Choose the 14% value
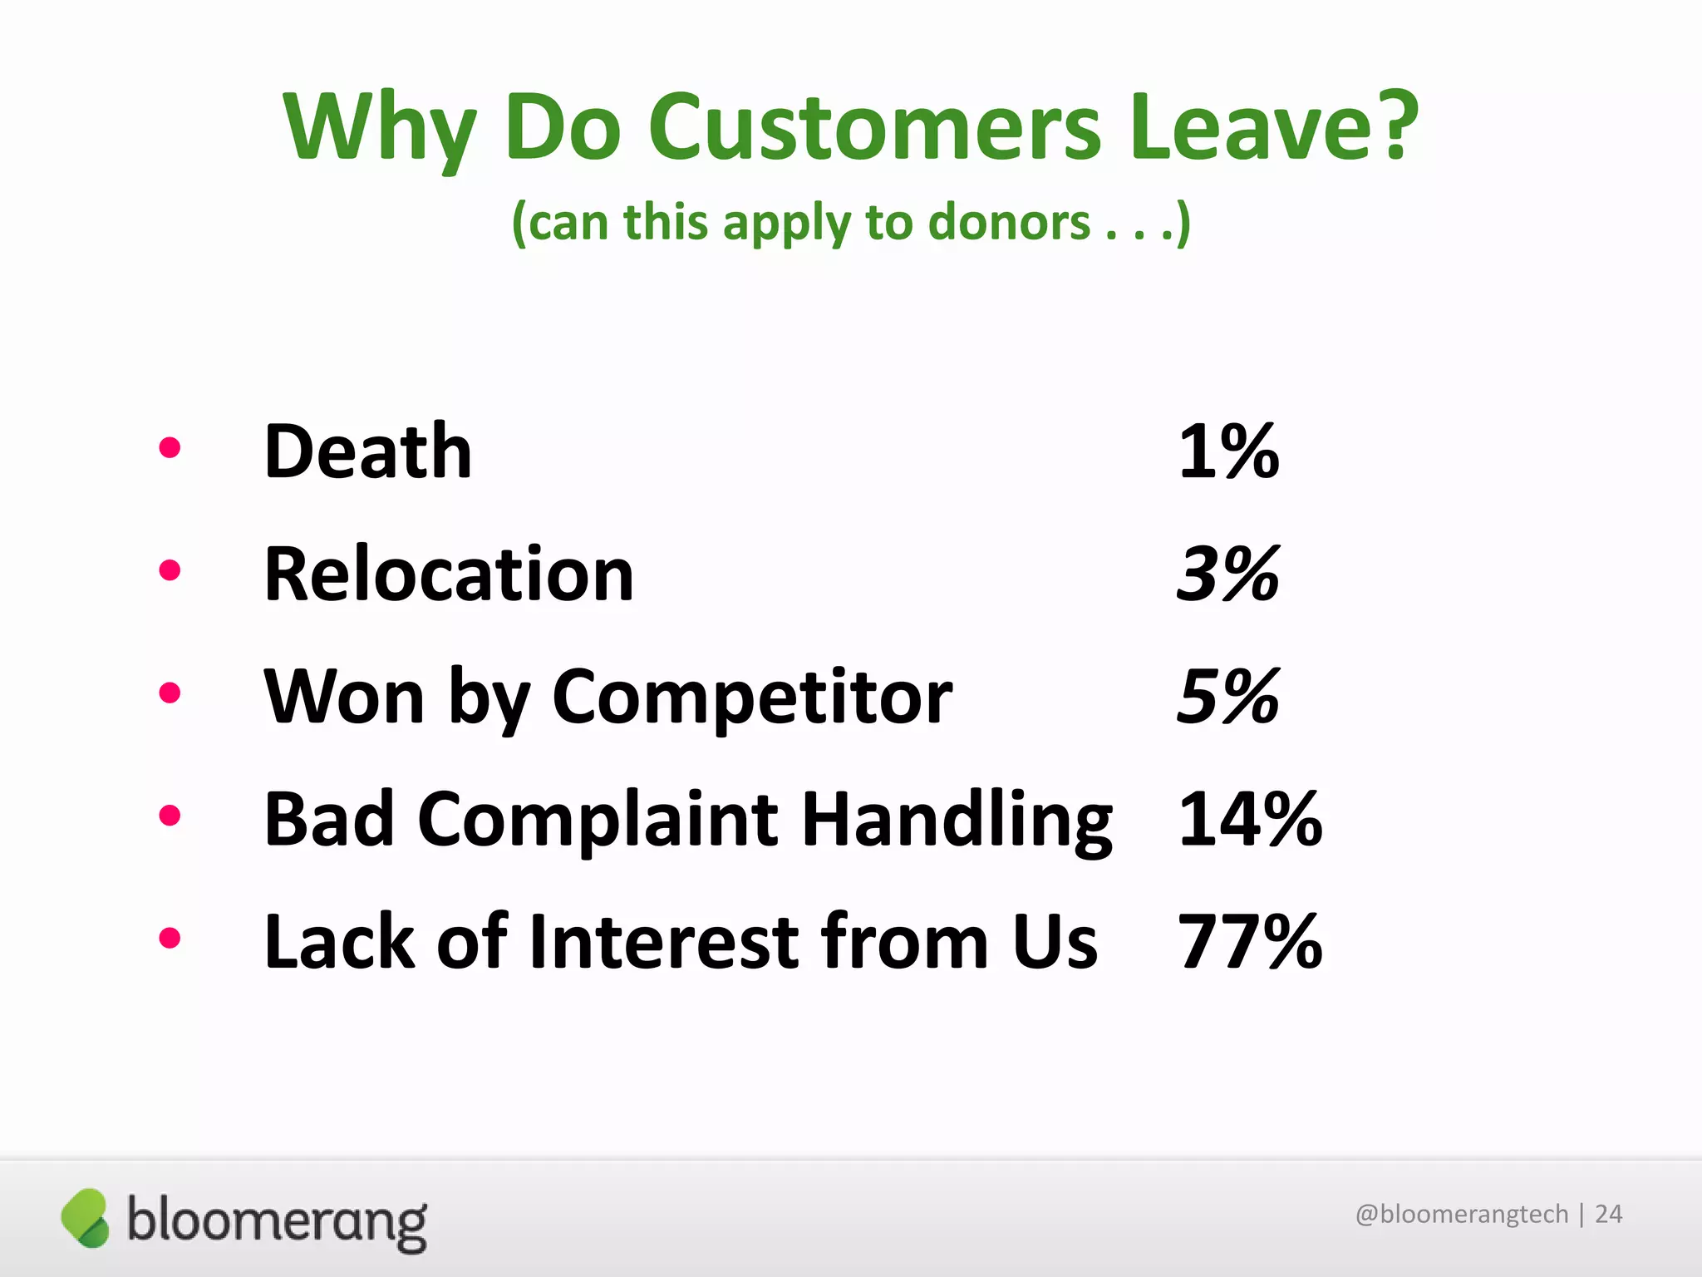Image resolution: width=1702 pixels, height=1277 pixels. [x=1250, y=820]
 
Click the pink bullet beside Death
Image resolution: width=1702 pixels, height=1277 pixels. [x=170, y=448]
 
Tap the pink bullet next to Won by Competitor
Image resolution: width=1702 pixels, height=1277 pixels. [x=170, y=693]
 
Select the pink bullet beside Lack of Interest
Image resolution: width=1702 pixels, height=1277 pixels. [x=170, y=938]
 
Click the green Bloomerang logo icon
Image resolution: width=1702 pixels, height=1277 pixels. [x=85, y=1218]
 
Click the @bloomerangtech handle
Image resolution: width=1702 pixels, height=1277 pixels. [x=1461, y=1215]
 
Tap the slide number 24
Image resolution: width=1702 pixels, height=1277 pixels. [x=1608, y=1215]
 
